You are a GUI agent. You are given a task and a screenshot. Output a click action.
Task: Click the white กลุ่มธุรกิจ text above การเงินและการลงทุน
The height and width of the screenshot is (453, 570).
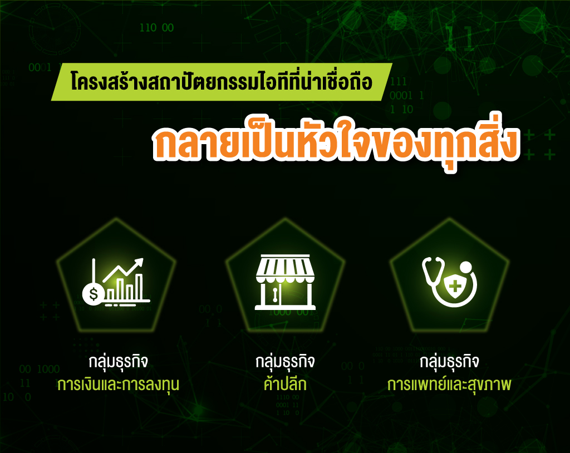coord(118,362)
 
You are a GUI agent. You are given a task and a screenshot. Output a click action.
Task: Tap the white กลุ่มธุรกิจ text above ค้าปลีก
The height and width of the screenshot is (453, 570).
coord(285,362)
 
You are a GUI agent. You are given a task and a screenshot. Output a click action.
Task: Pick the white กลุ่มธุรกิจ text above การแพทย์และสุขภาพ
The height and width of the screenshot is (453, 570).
coord(449,362)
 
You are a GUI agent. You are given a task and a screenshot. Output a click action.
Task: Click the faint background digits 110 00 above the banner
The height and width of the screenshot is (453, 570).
coord(156,28)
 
